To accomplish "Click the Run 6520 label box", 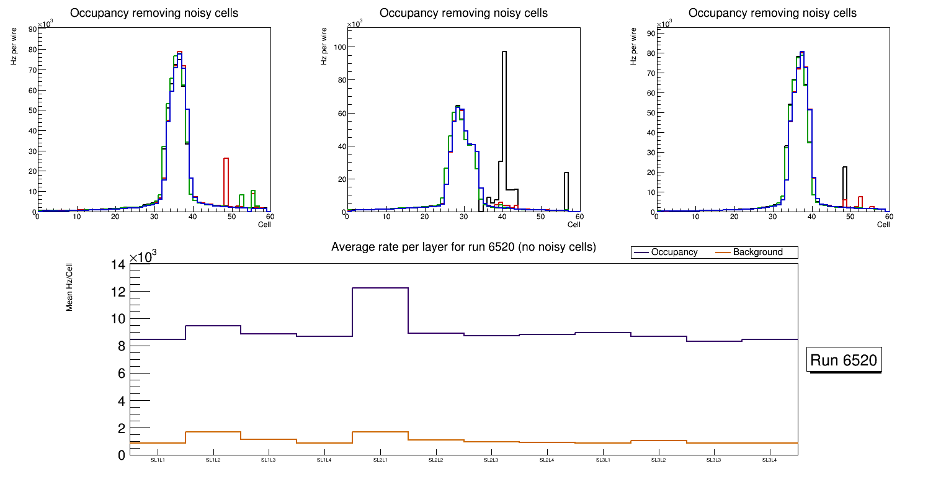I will (x=844, y=360).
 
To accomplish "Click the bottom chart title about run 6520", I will (x=463, y=247).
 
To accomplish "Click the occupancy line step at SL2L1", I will (x=380, y=288).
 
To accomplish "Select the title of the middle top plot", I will (x=463, y=13).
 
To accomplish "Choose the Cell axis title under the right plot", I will (x=883, y=225).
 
